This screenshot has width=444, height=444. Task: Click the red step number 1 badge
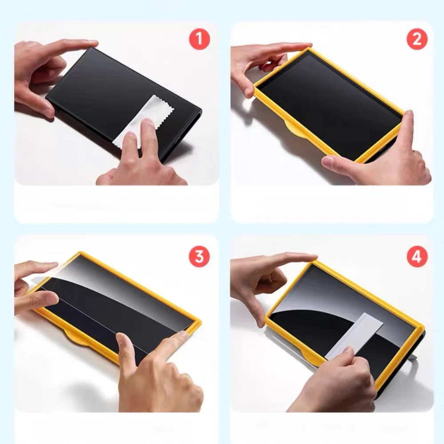click(199, 39)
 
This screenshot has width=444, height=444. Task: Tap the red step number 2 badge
click(417, 39)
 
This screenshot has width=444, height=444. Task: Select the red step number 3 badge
click(199, 257)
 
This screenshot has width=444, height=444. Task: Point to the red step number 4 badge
click(417, 257)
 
